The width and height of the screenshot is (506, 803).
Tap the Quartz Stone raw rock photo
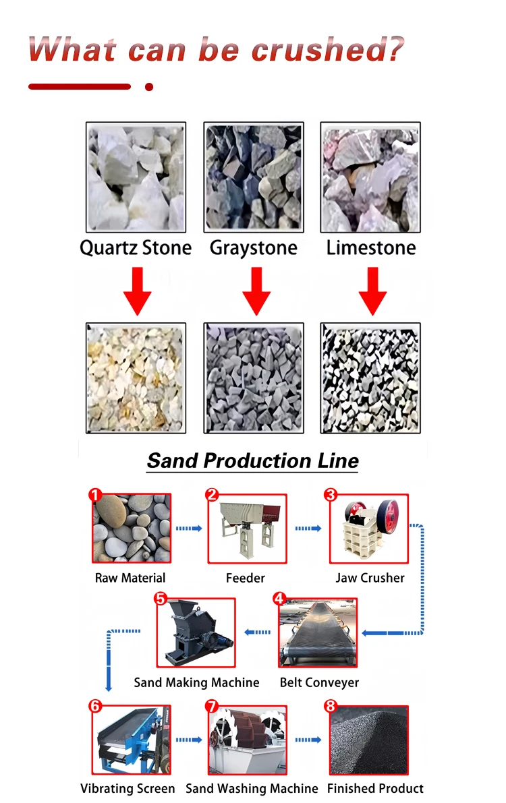136,177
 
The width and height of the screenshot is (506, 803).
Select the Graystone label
253,248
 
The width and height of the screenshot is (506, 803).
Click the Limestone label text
371,248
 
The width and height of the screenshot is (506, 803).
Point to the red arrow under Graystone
256,291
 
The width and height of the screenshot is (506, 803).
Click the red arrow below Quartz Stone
138,291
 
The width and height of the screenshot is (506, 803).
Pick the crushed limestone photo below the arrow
370,378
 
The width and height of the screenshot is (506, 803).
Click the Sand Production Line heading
253,461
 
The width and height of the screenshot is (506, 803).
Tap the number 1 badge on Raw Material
95,495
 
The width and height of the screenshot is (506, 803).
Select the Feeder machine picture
247,529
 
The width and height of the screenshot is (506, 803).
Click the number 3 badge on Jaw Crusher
330,495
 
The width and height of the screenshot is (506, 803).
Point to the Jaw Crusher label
370,578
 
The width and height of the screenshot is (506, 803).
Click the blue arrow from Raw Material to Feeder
189,528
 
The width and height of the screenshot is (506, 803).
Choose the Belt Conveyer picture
318,632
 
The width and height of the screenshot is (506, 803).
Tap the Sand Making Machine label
196,683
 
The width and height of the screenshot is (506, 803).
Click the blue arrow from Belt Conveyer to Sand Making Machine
257,632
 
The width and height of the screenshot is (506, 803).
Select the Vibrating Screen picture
132,740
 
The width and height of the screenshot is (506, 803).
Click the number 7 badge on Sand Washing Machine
212,706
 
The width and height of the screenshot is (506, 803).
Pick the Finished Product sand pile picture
368,740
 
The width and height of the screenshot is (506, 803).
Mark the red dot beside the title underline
149,87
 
